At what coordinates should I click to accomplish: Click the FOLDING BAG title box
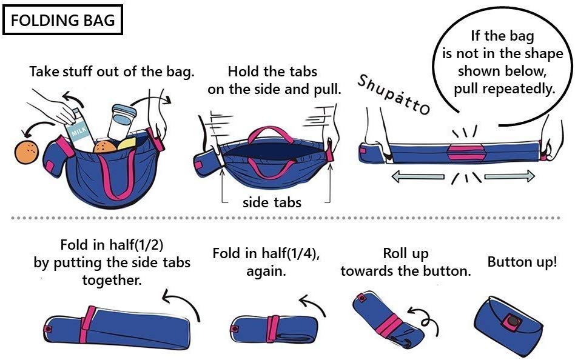pos(63,20)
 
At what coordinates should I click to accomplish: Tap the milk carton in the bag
pos(78,130)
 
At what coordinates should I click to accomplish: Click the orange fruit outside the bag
pos(28,152)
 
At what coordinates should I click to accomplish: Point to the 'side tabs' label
pos(272,202)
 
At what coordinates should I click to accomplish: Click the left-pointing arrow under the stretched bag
pos(418,177)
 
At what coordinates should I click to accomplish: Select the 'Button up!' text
pos(522,262)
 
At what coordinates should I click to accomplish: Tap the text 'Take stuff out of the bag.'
pos(112,72)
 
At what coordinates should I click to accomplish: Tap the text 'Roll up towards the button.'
pos(405,262)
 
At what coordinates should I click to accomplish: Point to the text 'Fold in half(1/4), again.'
pos(266,262)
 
